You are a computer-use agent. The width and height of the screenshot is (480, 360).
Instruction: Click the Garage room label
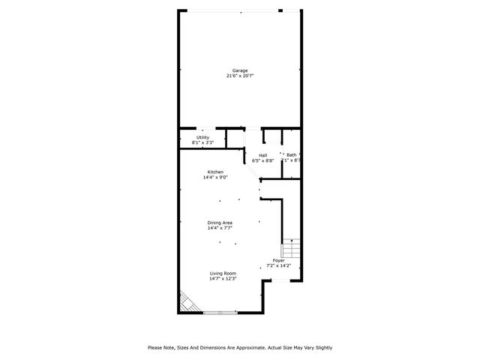pyautogui.click(x=239, y=70)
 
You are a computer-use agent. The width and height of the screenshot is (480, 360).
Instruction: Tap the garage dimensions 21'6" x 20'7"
pyautogui.click(x=239, y=76)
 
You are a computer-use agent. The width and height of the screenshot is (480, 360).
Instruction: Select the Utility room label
pyautogui.click(x=202, y=137)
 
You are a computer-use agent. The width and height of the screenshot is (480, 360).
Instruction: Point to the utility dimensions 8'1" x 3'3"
pyautogui.click(x=202, y=142)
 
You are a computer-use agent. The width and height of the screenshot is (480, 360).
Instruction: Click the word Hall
pyautogui.click(x=263, y=155)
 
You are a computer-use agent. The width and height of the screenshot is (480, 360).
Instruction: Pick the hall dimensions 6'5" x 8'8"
pyautogui.click(x=263, y=160)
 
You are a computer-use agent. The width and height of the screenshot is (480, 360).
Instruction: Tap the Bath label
pyautogui.click(x=291, y=154)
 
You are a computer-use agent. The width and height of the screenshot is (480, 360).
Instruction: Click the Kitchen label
pyautogui.click(x=215, y=172)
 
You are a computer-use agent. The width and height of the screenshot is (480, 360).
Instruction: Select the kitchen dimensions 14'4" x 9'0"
pyautogui.click(x=215, y=178)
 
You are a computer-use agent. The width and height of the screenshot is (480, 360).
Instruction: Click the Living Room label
pyautogui.click(x=223, y=273)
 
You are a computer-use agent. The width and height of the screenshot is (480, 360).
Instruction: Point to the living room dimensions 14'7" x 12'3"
pyautogui.click(x=223, y=278)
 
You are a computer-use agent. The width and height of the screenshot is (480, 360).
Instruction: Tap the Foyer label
pyautogui.click(x=278, y=260)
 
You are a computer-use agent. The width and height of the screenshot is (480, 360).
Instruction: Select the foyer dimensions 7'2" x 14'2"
pyautogui.click(x=279, y=265)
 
